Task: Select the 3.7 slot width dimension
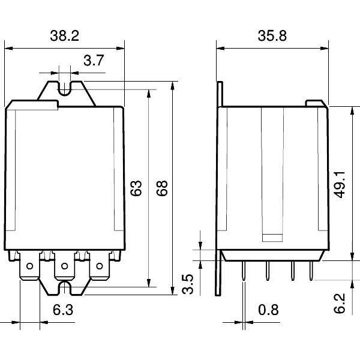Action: click(x=95, y=60)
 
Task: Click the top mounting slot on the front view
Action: click(x=65, y=89)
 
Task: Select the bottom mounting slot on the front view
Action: click(x=65, y=289)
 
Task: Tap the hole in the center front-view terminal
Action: click(x=65, y=266)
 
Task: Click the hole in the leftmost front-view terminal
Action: click(x=30, y=266)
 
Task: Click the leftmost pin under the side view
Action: click(x=244, y=271)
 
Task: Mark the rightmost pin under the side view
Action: click(x=311, y=271)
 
